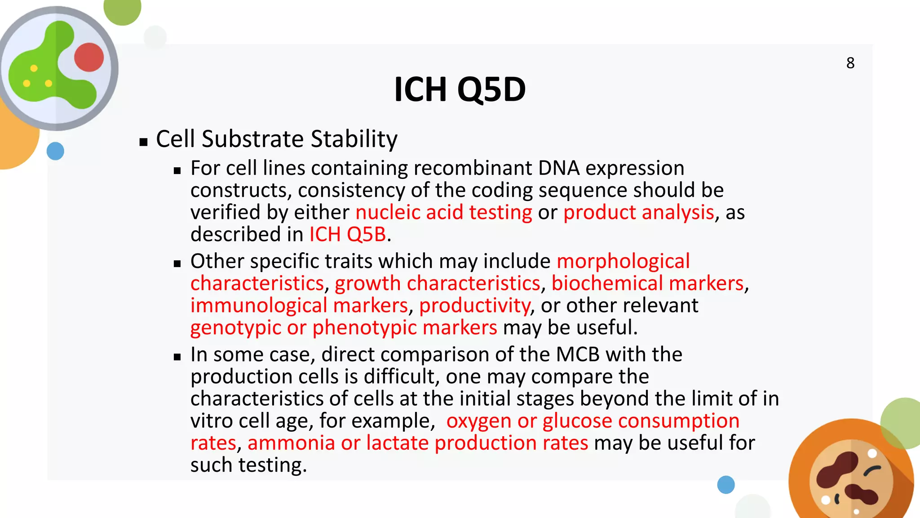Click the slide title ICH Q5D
click(x=460, y=89)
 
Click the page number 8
click(x=850, y=63)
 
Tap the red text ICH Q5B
click(x=347, y=234)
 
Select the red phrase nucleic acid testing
click(x=443, y=212)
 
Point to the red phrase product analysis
click(x=638, y=212)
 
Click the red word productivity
click(x=474, y=305)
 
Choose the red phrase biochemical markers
click(x=647, y=283)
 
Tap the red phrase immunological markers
click(x=299, y=305)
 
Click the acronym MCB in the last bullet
click(x=577, y=354)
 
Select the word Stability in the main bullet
click(x=354, y=139)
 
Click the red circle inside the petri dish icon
click(x=89, y=57)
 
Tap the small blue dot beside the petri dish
click(x=55, y=151)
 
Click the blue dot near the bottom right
click(x=725, y=485)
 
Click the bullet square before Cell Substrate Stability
click(x=143, y=143)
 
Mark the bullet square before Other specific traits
click(x=177, y=264)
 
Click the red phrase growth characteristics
click(x=437, y=283)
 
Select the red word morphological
click(x=623, y=261)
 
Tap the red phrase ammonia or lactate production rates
click(x=417, y=443)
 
